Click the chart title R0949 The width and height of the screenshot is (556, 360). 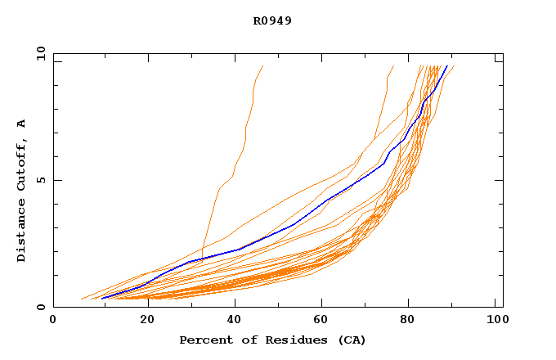[x=272, y=20]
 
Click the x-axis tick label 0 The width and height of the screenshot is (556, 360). [x=53, y=320]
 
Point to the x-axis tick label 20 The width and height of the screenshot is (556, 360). [x=141, y=320]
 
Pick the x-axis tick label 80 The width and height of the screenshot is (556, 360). [x=407, y=320]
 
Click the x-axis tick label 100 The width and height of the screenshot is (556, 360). [x=495, y=320]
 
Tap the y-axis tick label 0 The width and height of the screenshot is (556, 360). [x=40, y=308]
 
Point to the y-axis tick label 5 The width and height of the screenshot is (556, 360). [x=40, y=180]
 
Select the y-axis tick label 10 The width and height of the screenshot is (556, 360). [x=40, y=53]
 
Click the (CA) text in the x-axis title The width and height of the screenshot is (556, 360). [x=351, y=340]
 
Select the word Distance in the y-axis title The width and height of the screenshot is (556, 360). [x=21, y=232]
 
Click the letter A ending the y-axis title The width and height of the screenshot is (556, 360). [x=21, y=124]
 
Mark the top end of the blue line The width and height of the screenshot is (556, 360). [x=447, y=65]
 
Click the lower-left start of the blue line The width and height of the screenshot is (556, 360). [x=101, y=299]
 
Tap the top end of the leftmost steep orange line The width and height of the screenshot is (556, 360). [x=262, y=65]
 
